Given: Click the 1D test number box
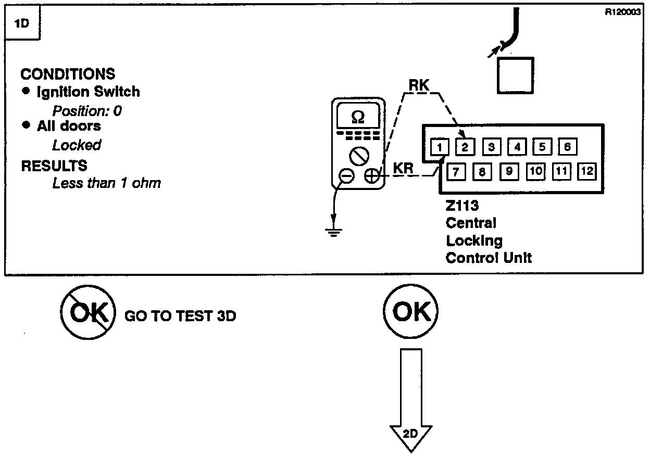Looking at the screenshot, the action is [22, 22].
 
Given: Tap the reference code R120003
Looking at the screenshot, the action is [623, 12].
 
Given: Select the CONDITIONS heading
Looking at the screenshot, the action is [68, 74].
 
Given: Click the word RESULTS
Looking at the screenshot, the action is [54, 166].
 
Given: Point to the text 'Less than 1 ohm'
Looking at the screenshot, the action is [106, 183].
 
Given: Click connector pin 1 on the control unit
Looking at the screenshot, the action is [440, 147].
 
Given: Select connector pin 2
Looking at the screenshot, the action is [465, 147].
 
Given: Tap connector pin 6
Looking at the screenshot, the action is [568, 146].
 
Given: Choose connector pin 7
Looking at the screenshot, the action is [456, 172].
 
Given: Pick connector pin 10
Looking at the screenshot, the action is [535, 171].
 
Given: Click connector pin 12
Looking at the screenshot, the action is [587, 171].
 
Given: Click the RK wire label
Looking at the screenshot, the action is [419, 85].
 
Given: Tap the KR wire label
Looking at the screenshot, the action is [403, 168].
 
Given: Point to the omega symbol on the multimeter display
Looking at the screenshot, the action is [358, 118].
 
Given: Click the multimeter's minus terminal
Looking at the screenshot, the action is [347, 176].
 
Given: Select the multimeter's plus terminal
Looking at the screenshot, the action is [372, 176].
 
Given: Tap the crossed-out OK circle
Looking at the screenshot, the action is [88, 312].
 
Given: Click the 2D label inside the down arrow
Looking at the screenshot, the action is [410, 434].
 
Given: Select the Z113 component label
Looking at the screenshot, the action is [463, 206].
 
